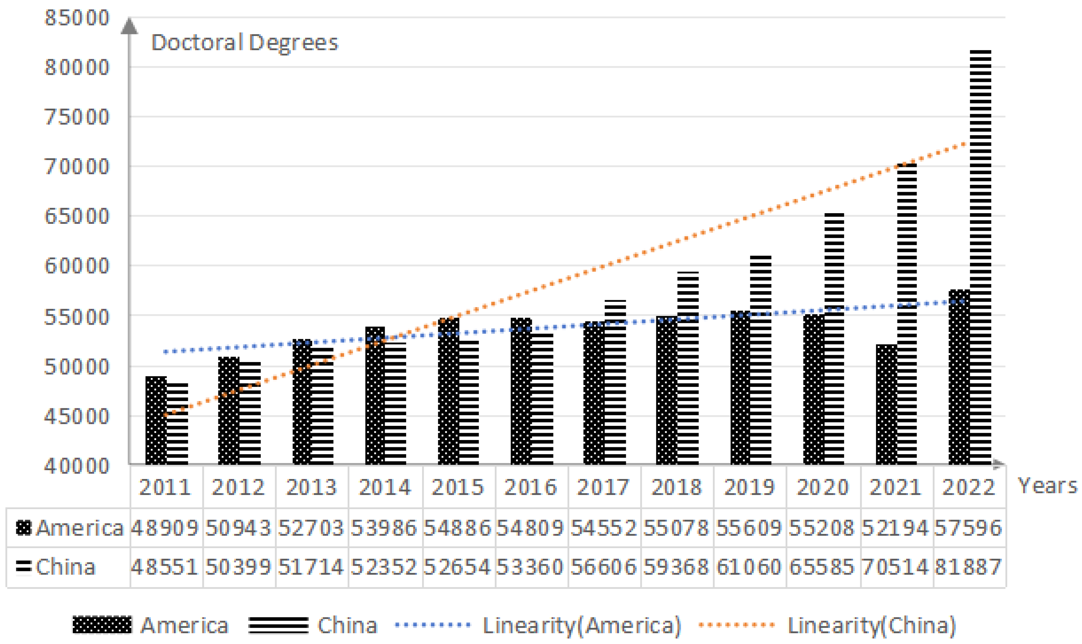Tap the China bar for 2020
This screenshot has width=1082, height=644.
point(834,339)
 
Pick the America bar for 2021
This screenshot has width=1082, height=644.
point(886,404)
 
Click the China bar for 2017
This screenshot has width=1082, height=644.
point(615,382)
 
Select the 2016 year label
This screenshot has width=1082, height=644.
point(531,487)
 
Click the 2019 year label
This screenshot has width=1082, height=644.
point(750,487)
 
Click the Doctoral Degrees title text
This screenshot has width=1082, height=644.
point(244,43)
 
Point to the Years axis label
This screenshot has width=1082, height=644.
point(1047,486)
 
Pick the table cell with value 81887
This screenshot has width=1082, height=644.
point(968,567)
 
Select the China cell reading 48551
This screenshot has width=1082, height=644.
point(165,567)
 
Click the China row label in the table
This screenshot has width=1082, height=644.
point(65,567)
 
